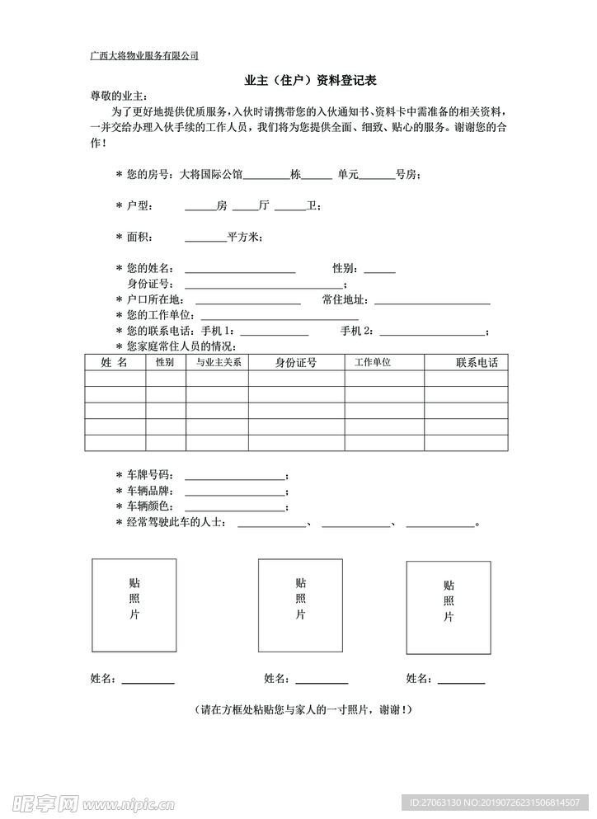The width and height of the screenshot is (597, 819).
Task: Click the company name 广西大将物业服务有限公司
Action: (144, 56)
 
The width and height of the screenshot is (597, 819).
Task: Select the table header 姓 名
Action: (114, 362)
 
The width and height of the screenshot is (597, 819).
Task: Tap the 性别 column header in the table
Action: (165, 362)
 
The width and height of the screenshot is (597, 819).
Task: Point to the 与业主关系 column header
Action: (217, 362)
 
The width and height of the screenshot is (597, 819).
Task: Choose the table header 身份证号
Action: (296, 362)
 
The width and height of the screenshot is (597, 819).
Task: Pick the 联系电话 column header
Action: (476, 362)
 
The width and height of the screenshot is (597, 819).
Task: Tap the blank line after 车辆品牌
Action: (234, 492)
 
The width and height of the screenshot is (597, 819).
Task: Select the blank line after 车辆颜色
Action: (234, 508)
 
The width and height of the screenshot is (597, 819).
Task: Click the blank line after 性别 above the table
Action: (379, 271)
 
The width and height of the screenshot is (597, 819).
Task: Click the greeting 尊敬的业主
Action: (120, 96)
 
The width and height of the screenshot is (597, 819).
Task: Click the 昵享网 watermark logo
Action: (46, 803)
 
